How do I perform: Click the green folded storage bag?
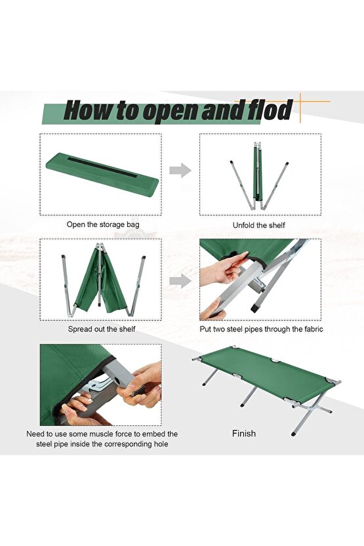[102, 174]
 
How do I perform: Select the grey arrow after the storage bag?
[180, 170]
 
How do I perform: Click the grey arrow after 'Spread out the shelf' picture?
[180, 281]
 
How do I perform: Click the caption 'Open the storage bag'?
[103, 224]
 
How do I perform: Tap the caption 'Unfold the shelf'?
[258, 225]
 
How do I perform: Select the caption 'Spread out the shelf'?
[102, 329]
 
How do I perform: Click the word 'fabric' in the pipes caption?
[312, 329]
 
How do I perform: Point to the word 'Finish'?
[244, 434]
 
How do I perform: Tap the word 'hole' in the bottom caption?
[161, 444]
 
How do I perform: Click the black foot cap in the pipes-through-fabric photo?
[254, 309]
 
